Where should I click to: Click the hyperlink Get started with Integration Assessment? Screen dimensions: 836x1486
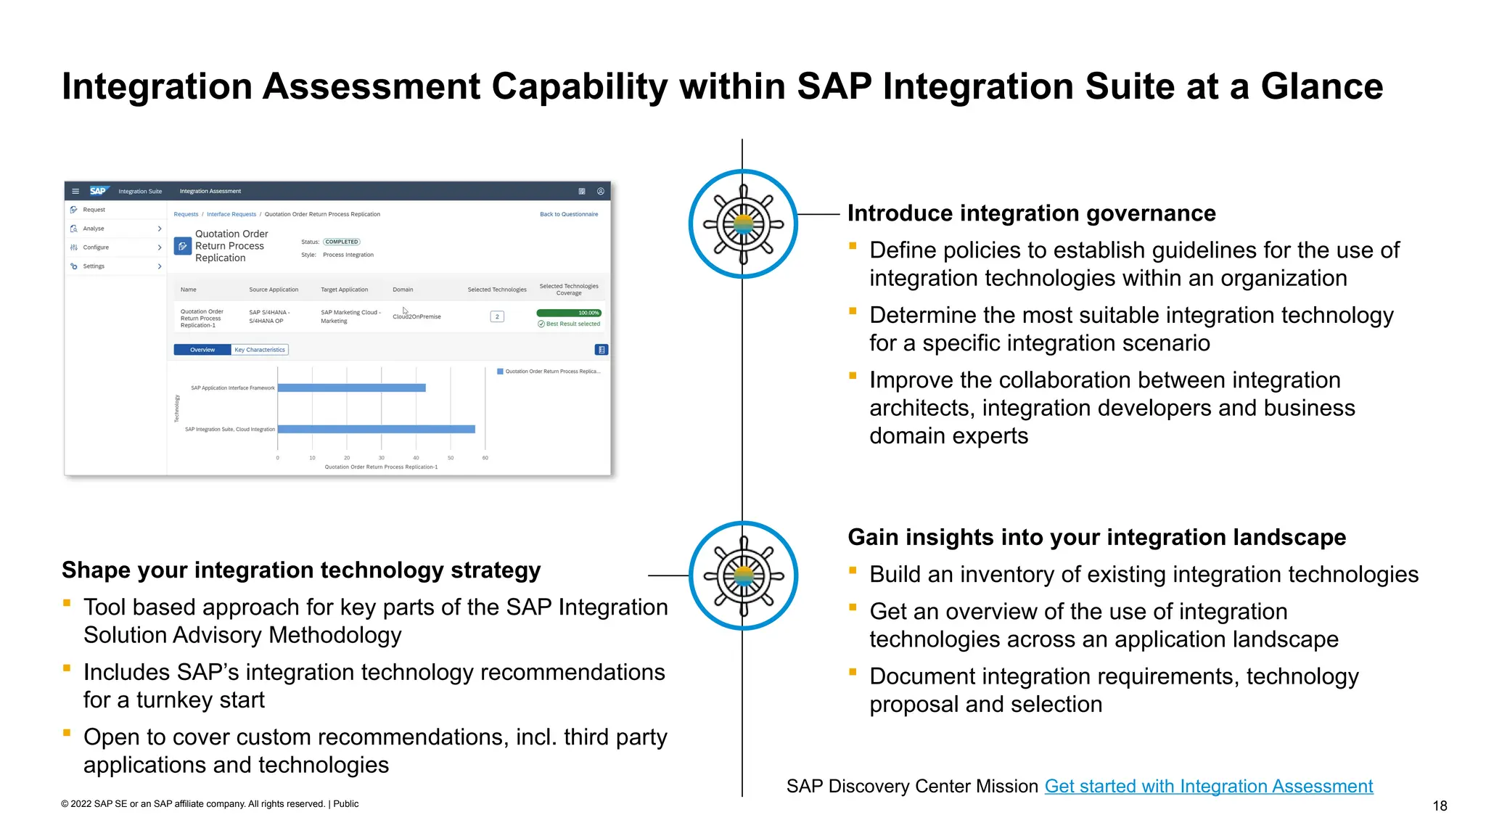tap(1208, 786)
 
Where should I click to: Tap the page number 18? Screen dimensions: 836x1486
tap(1440, 806)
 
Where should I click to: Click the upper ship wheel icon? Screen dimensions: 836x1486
tap(743, 224)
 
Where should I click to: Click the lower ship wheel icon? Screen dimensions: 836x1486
tap(743, 575)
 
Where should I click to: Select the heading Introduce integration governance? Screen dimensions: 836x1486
tap(1031, 213)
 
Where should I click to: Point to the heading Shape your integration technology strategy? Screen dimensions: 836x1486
tap(301, 570)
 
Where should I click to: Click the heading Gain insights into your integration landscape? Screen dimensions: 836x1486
tap(1096, 537)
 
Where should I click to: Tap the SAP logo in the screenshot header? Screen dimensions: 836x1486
tap(98, 191)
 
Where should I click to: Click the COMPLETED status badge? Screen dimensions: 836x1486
tap(341, 242)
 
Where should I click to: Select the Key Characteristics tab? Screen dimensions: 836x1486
tap(260, 350)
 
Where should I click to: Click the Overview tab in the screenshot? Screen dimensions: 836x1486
tap(202, 350)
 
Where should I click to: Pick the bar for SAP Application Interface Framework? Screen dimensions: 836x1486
tap(351, 388)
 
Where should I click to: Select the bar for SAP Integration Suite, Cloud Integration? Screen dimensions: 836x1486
tap(376, 429)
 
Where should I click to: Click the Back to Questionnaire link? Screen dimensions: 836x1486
tap(569, 214)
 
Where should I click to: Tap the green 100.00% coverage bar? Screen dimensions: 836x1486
tap(568, 313)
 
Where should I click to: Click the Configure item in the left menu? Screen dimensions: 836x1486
tap(96, 247)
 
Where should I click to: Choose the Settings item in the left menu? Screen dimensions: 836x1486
tap(94, 266)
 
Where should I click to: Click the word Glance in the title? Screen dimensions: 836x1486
tap(1321, 86)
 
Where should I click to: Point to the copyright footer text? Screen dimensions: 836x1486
tap(210, 803)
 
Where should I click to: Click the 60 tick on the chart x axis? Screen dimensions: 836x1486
tap(485, 458)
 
